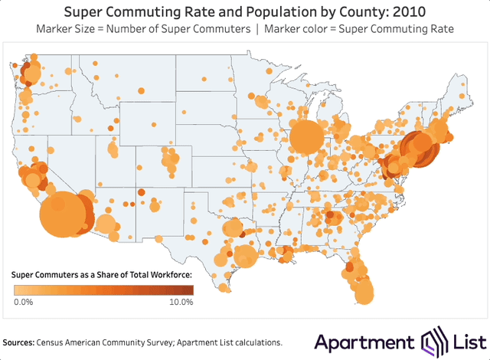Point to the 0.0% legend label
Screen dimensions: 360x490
(x=23, y=302)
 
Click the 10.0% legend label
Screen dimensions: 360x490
(x=180, y=302)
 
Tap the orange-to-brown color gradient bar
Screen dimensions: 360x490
(x=103, y=290)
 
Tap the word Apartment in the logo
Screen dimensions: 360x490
(x=364, y=342)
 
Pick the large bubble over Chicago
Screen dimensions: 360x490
(x=308, y=139)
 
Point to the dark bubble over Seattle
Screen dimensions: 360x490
(x=31, y=74)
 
